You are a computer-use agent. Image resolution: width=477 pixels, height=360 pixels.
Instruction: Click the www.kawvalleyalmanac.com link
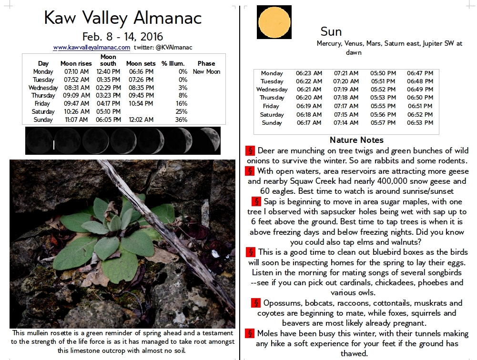pyautogui.click(x=91, y=48)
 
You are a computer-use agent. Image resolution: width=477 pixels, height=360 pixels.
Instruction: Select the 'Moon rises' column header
pyautogui.click(x=76, y=63)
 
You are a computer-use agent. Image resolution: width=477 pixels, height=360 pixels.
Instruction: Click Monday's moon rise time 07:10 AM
pyautogui.click(x=77, y=71)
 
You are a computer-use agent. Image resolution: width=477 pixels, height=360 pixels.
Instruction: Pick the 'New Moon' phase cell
pyautogui.click(x=206, y=71)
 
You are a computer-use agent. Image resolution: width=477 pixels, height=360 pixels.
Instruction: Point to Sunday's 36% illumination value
pyautogui.click(x=181, y=120)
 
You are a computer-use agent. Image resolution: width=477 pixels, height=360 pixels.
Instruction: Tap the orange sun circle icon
pyautogui.click(x=274, y=22)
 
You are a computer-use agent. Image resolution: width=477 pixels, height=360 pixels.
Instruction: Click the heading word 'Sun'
pyautogui.click(x=331, y=32)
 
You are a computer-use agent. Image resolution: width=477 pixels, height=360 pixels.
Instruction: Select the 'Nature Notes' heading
pyautogui.click(x=356, y=140)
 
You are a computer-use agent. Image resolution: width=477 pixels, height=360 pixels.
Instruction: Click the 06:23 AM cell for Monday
pyautogui.click(x=309, y=73)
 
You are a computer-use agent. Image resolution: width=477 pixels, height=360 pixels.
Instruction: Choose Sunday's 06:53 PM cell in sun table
pyautogui.click(x=420, y=123)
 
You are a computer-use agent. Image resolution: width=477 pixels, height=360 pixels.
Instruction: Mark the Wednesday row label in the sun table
pyautogui.click(x=272, y=90)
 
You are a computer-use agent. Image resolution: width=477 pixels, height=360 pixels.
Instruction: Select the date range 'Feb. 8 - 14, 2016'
pyautogui.click(x=122, y=37)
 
